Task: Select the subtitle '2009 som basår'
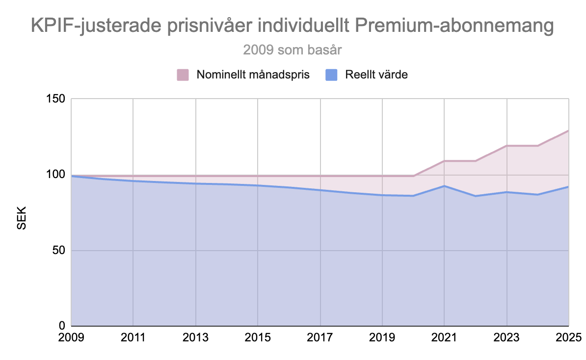pos(292,50)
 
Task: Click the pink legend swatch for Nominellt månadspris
pos(183,75)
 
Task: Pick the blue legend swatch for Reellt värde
pos(332,75)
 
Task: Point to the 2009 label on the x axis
pos(72,338)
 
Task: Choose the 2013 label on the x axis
pos(196,338)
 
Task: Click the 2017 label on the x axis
pos(320,338)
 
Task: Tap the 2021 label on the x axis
pos(444,338)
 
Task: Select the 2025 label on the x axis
pos(568,338)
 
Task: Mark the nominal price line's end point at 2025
pos(568,130)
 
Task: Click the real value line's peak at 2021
pos(444,186)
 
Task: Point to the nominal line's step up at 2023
pos(506,146)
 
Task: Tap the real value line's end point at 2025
pos(568,187)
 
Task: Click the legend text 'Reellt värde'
pos(376,75)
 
